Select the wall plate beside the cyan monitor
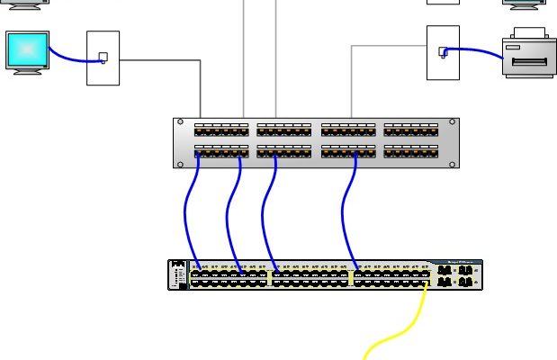[103, 58]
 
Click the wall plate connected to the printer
[443, 52]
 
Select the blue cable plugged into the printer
[477, 50]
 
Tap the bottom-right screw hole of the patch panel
[452, 164]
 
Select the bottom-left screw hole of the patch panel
[180, 164]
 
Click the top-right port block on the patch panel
[411, 130]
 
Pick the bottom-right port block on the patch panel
[411, 151]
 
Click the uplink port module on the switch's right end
[456, 275]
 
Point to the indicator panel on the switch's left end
[177, 275]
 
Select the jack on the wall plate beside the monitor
[103, 58]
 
